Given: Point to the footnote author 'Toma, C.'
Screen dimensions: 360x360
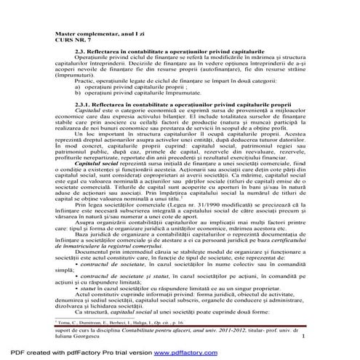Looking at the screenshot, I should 66,319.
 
